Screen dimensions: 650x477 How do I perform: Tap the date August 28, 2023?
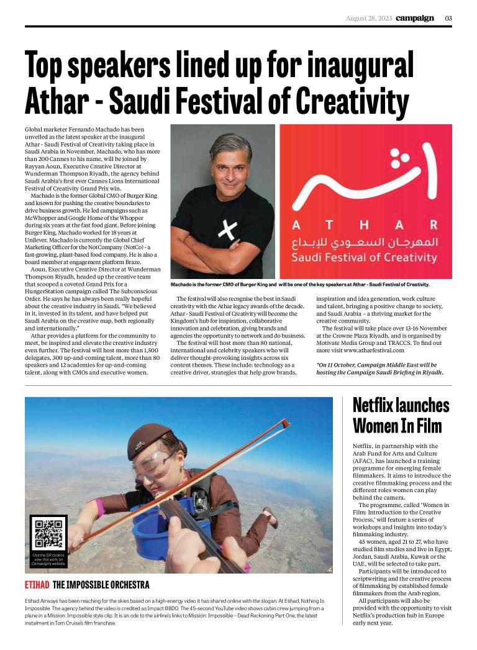pos(368,18)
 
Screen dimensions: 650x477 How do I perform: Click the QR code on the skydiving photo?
pos(48,534)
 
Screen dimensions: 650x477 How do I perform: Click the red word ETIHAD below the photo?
pos(37,585)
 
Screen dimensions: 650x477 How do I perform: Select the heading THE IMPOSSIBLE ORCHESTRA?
pos(101,585)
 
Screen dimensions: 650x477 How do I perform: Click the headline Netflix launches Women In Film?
pos(401,416)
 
